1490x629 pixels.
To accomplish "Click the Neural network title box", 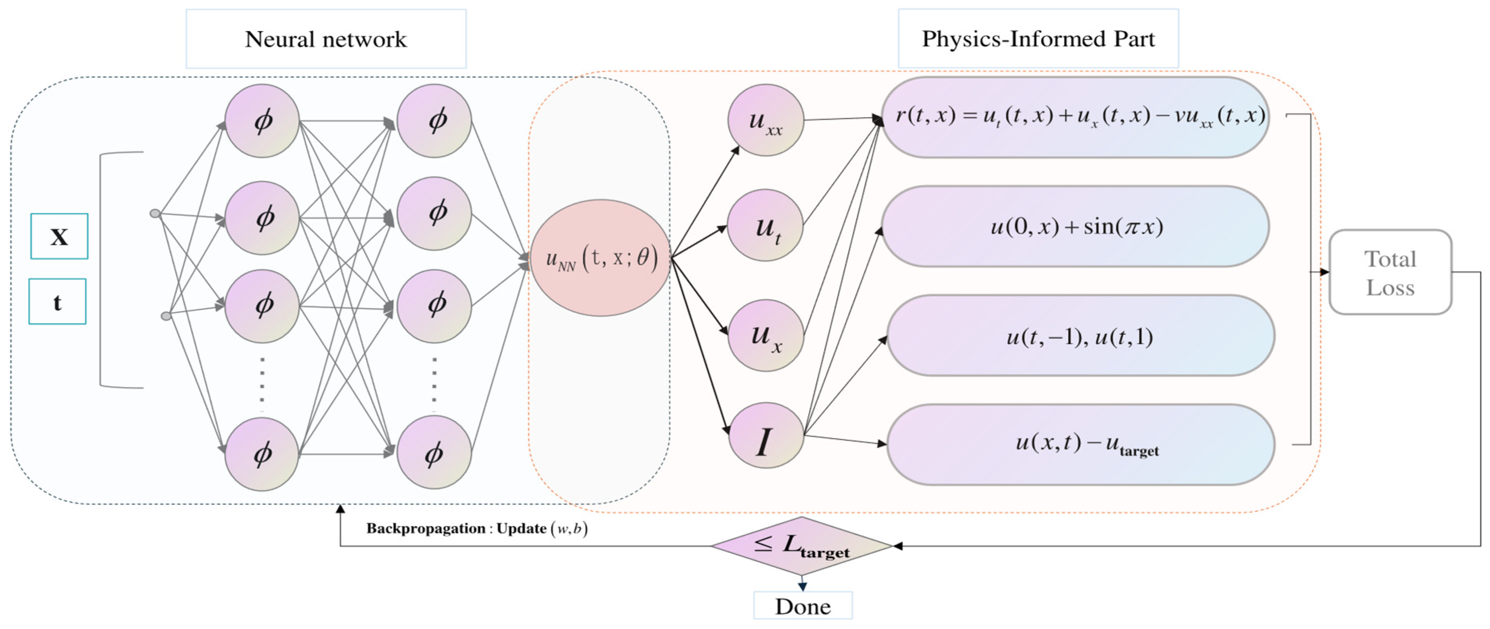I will click(326, 39).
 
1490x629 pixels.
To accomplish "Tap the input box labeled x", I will click(59, 236).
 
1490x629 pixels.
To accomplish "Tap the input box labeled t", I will click(57, 301).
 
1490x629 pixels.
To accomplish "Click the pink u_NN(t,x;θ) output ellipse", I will click(600, 258).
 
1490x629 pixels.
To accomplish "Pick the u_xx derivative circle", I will click(765, 120).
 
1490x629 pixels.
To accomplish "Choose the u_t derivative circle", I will click(765, 226).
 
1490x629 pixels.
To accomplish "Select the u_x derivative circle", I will click(765, 336).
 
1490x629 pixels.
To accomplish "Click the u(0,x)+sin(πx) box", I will click(1075, 226).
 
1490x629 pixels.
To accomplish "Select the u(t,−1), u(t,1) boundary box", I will click(1079, 336).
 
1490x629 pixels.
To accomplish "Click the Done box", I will click(802, 606).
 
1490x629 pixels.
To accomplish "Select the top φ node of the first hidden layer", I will click(262, 120).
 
